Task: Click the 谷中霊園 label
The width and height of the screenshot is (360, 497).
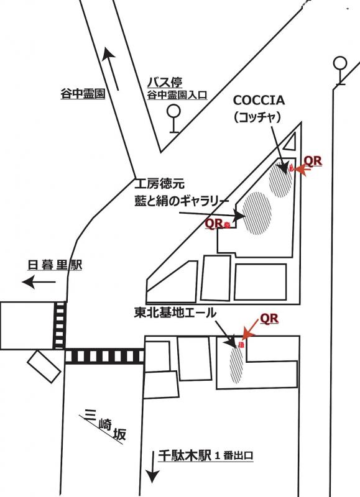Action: [83, 94]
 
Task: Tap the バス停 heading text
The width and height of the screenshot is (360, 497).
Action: [165, 83]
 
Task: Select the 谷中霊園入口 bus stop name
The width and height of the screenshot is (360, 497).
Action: [177, 95]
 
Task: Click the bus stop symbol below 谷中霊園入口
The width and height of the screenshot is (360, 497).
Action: [174, 119]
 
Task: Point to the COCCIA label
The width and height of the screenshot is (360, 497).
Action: [259, 101]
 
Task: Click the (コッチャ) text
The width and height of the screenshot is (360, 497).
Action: [257, 118]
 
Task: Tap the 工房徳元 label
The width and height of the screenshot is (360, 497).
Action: [159, 184]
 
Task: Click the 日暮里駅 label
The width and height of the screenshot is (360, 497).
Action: [55, 265]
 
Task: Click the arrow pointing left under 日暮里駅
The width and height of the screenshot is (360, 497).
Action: [39, 282]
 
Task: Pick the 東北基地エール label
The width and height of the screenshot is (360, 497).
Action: [175, 313]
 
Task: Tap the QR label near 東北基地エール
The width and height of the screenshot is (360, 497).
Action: [269, 319]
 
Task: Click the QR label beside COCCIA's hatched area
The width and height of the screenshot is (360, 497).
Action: [313, 161]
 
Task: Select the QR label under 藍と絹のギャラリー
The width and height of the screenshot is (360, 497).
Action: [214, 223]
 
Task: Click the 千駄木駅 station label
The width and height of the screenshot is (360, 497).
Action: [185, 456]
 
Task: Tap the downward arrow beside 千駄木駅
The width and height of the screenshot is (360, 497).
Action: [152, 467]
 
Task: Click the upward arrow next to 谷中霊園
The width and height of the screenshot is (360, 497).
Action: [111, 69]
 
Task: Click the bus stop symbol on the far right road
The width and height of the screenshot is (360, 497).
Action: [340, 70]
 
